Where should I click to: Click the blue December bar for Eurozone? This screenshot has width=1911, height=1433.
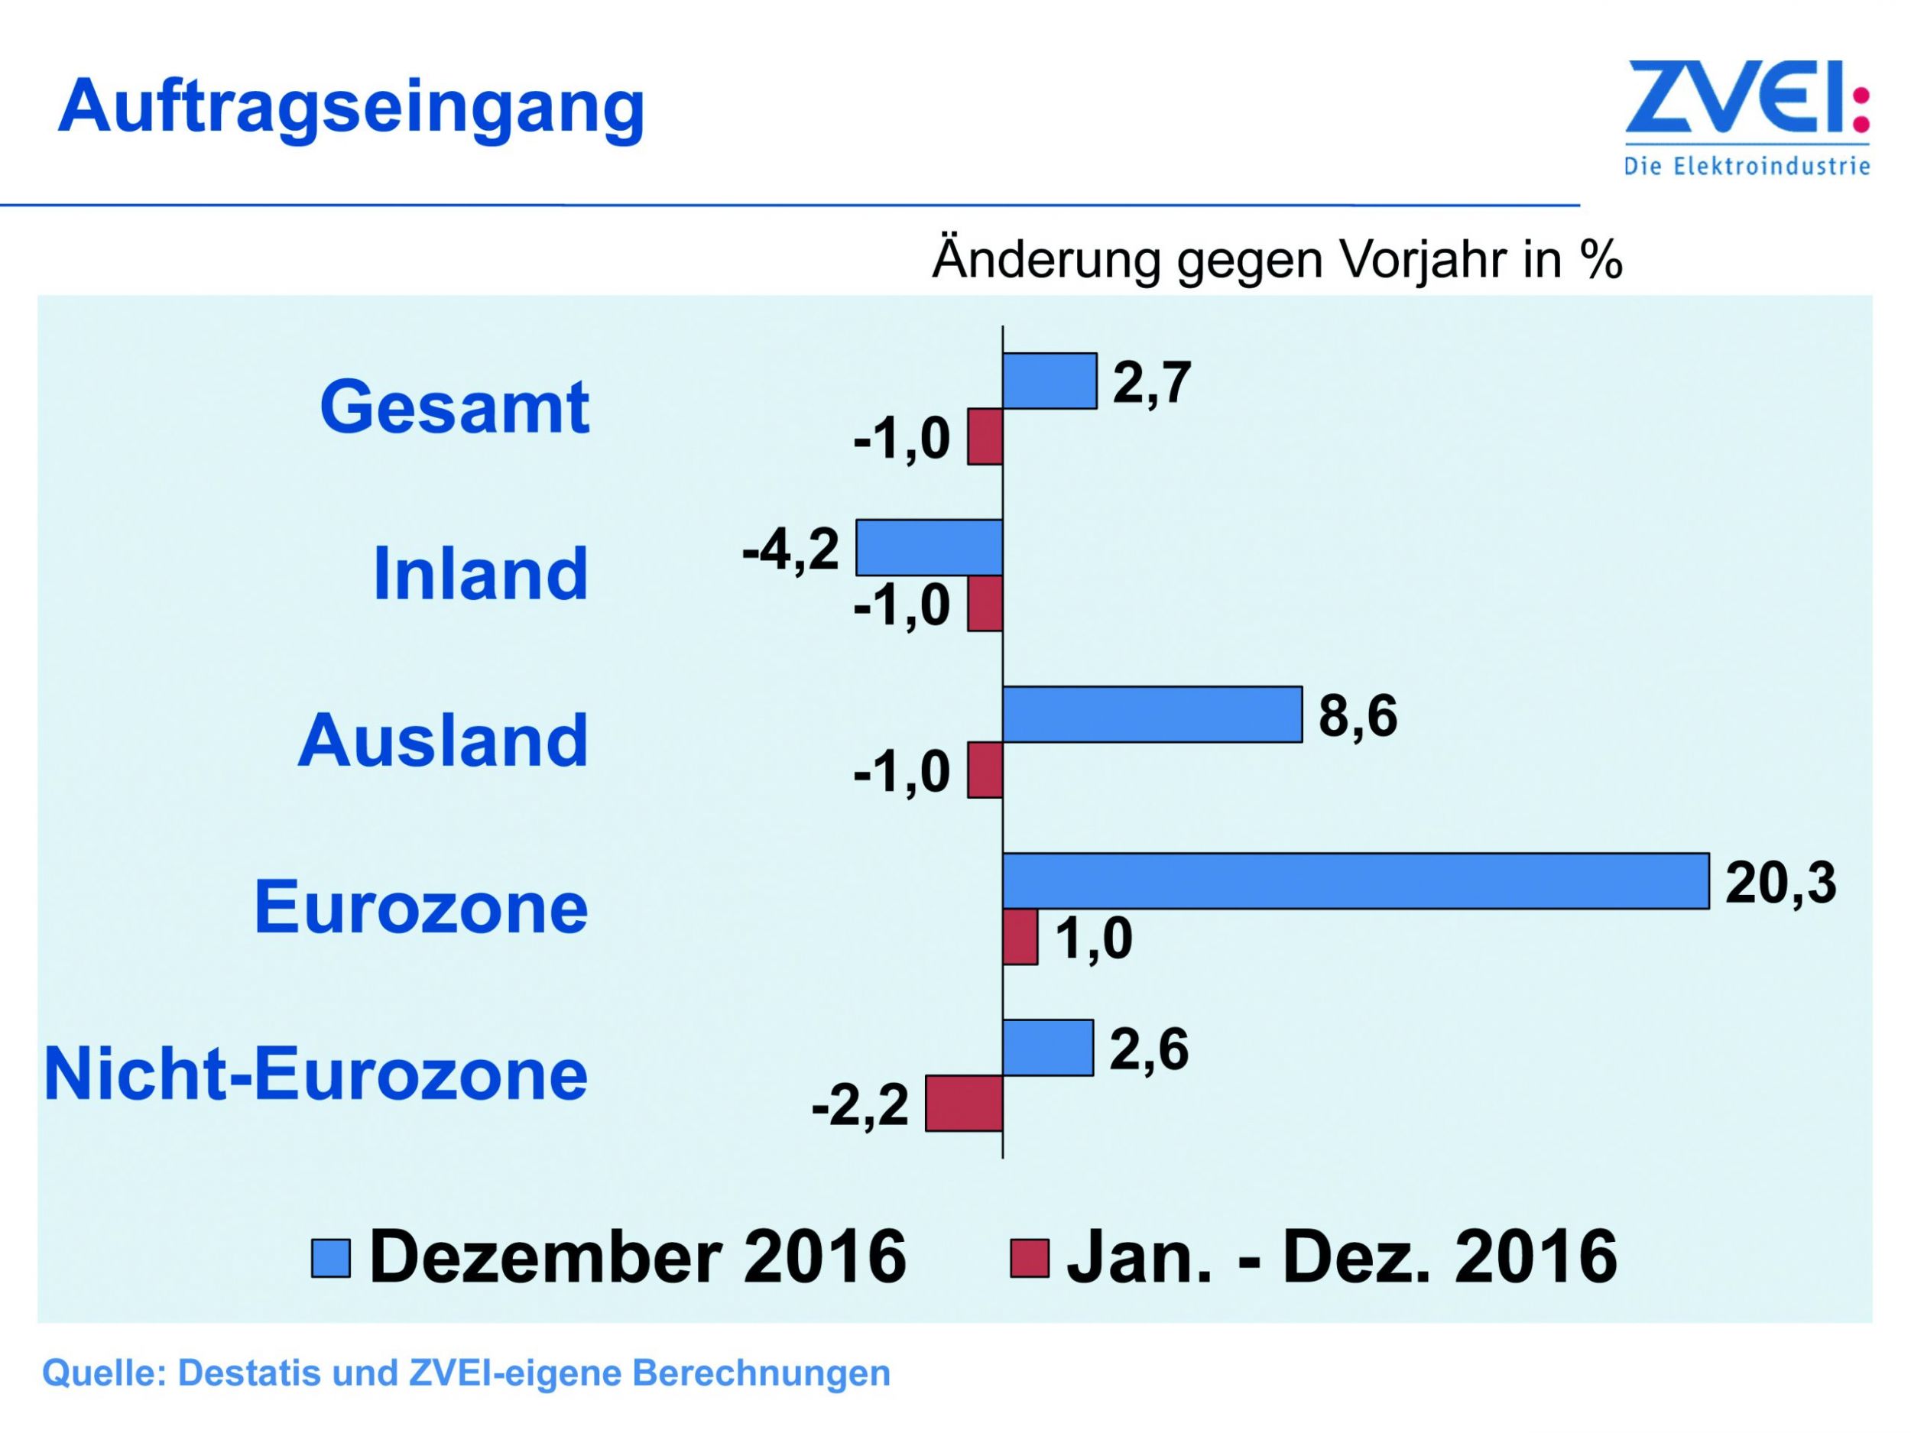pyautogui.click(x=1355, y=881)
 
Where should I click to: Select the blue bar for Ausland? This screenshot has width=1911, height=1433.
pyautogui.click(x=1152, y=715)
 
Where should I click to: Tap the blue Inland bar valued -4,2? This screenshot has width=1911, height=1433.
pyautogui.click(x=929, y=548)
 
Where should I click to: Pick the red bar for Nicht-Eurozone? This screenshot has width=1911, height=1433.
pyautogui.click(x=963, y=1103)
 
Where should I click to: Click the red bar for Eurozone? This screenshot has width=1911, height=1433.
pyautogui.click(x=1020, y=937)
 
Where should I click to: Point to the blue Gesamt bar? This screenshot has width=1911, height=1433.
pyautogui.click(x=1049, y=381)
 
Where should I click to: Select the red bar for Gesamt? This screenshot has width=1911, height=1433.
pyautogui.click(x=985, y=437)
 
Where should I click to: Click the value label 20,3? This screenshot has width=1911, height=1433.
pyautogui.click(x=1780, y=883)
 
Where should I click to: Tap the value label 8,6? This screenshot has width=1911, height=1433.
pyautogui.click(x=1358, y=716)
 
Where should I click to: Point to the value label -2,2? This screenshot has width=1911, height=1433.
pyautogui.click(x=860, y=1105)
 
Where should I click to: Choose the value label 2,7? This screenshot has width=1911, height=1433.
pyautogui.click(x=1152, y=383)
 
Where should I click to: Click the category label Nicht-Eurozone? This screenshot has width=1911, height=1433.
pyautogui.click(x=316, y=1075)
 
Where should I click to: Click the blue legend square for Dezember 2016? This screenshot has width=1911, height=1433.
pyautogui.click(x=331, y=1258)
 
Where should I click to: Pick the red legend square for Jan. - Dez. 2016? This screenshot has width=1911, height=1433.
pyautogui.click(x=1029, y=1258)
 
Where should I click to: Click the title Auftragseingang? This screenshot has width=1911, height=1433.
pyautogui.click(x=351, y=108)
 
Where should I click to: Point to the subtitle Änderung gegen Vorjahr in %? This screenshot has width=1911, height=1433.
pyautogui.click(x=1277, y=258)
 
